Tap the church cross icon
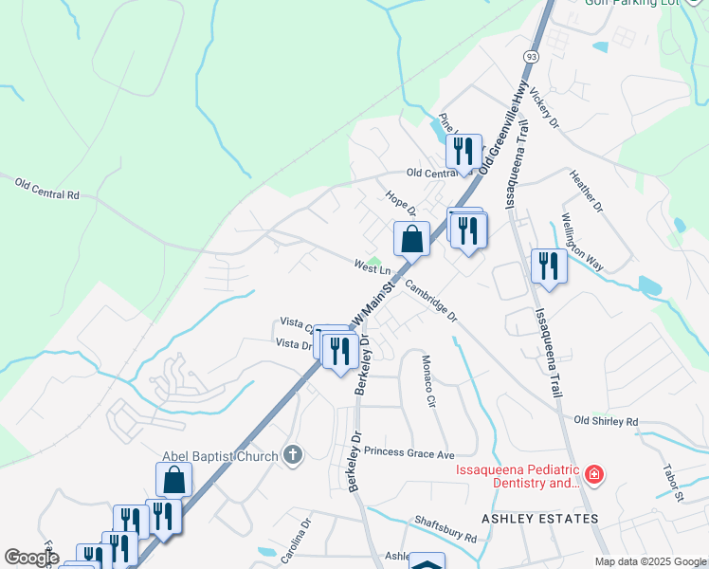[293, 454]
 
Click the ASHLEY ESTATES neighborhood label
[540, 519]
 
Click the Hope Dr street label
[400, 203]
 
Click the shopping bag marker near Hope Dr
[411, 240]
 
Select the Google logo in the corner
[30, 558]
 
